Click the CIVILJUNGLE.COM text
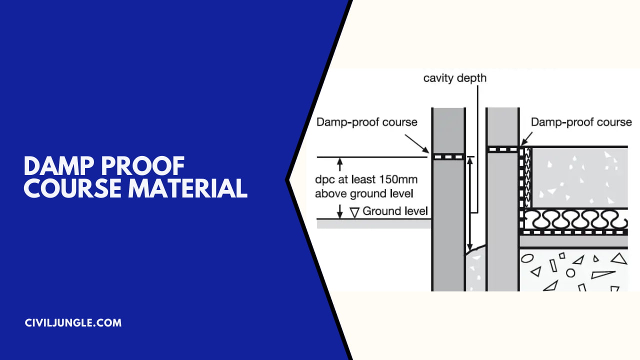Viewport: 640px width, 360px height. click(73, 323)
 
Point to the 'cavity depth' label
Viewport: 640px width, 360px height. click(454, 78)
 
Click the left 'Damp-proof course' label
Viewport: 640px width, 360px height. click(366, 122)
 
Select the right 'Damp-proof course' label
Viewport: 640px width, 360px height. click(581, 122)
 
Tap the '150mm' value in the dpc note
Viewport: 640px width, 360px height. click(398, 179)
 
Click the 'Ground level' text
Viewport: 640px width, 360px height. click(395, 211)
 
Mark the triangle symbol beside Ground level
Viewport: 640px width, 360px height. click(354, 212)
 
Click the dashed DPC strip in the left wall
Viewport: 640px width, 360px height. click(448, 156)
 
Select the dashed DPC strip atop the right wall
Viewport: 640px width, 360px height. click(502, 149)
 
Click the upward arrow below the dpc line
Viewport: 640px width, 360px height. click(340, 162)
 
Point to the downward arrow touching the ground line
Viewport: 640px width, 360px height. click(340, 213)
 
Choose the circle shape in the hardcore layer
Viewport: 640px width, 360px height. click(570, 273)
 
